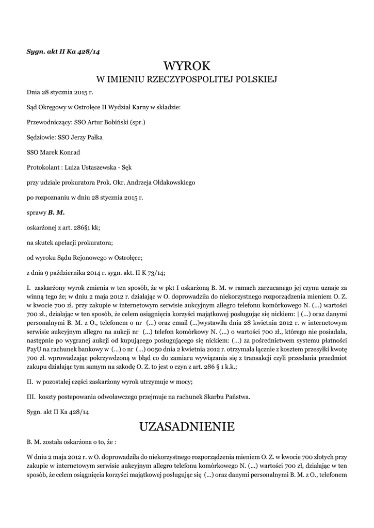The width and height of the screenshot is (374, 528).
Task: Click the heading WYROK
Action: pos(187,66)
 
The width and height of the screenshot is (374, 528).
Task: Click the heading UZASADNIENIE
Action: pos(187,427)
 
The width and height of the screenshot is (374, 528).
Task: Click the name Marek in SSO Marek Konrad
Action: pos(51,153)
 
